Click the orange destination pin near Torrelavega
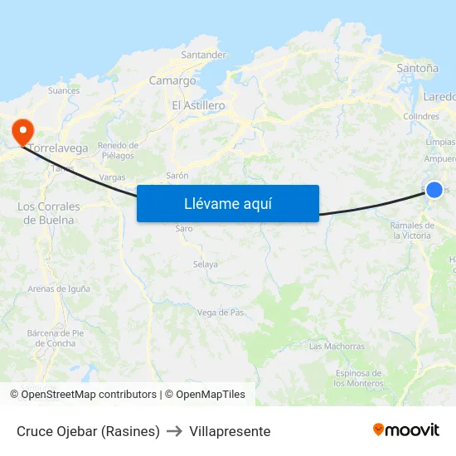(x=21, y=131)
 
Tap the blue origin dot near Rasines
(x=434, y=189)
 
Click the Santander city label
(x=203, y=55)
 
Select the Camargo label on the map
(x=172, y=80)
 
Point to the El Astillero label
(x=198, y=105)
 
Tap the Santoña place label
(x=418, y=68)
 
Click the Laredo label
(x=439, y=96)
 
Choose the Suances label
(x=64, y=90)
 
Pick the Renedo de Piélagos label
(x=118, y=150)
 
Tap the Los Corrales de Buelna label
(x=49, y=213)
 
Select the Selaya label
(x=205, y=264)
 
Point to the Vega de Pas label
(x=221, y=313)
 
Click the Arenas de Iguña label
(x=58, y=289)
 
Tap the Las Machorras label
(x=337, y=346)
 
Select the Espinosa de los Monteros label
(x=358, y=379)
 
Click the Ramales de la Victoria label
(x=412, y=230)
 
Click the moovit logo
(x=405, y=429)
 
